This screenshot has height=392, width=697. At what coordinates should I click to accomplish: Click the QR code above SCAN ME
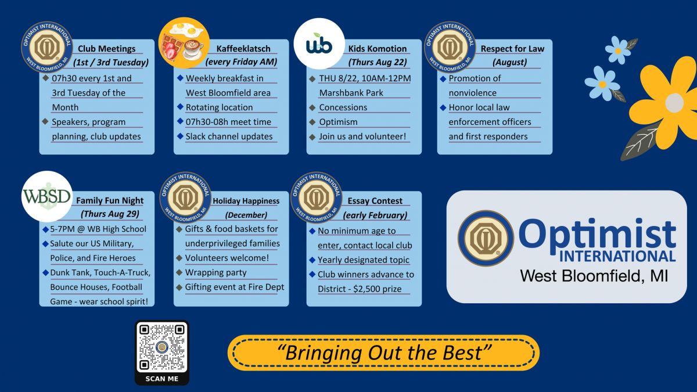(x=162, y=347)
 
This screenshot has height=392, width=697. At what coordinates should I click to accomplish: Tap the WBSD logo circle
(x=47, y=196)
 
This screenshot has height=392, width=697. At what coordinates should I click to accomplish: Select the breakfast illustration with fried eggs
(x=184, y=42)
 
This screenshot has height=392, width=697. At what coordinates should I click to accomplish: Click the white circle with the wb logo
(x=319, y=44)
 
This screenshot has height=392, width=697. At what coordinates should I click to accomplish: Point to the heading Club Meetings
(x=106, y=49)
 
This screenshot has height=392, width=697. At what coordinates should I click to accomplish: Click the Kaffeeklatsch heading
(x=243, y=49)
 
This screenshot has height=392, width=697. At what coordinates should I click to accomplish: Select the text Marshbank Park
(x=351, y=93)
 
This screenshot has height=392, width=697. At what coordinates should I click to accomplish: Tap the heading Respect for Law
(x=512, y=49)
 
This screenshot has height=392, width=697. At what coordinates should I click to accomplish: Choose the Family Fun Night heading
(x=110, y=201)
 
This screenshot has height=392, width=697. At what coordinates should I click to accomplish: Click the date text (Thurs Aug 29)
(x=110, y=214)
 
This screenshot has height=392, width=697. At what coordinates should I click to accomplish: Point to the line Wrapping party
(x=215, y=272)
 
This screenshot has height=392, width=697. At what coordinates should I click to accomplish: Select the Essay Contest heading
(x=375, y=201)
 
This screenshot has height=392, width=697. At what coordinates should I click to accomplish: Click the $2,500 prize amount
(x=377, y=289)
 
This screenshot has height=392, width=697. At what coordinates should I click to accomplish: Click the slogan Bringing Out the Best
(x=384, y=353)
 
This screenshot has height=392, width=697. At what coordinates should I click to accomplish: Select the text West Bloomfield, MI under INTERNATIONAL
(x=594, y=276)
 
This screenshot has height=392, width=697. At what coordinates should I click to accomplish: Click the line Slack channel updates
(x=229, y=136)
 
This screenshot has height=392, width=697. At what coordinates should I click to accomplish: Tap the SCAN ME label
(x=162, y=379)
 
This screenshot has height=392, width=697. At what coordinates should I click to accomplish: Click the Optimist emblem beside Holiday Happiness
(x=185, y=197)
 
